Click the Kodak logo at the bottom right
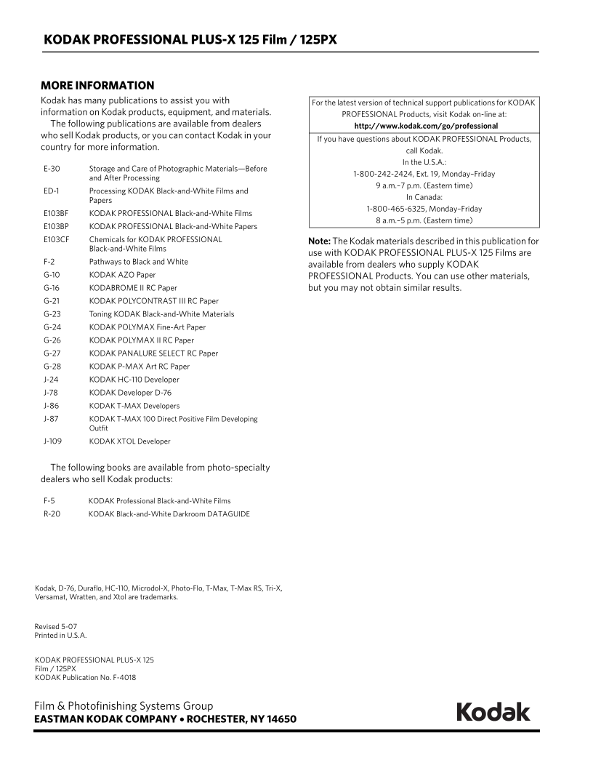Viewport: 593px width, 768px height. pos(493,712)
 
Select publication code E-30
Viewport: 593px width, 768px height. pos(51,169)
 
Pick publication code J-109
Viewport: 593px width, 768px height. pos(53,441)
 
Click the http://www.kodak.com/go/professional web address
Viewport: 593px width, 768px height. pos(424,126)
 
